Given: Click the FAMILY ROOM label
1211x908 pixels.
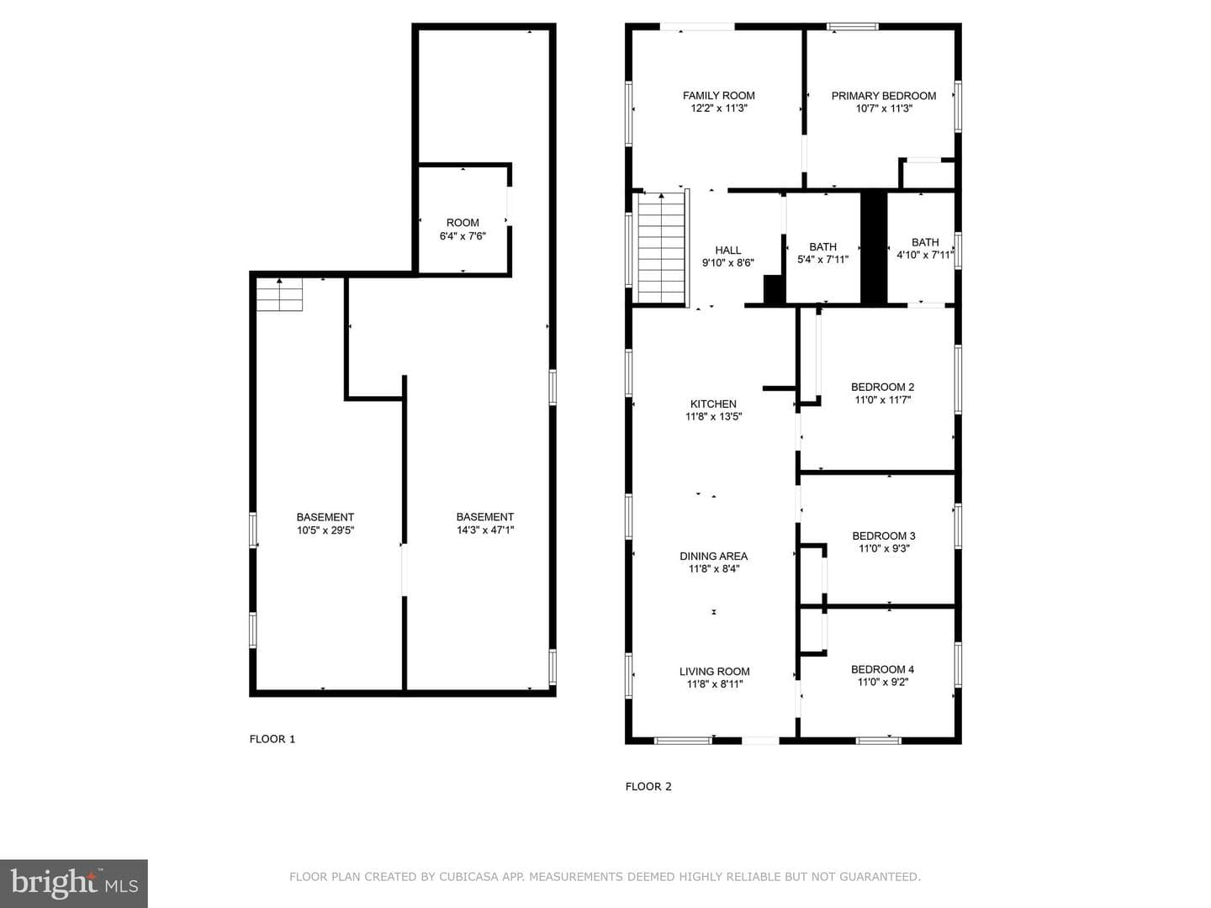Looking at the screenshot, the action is click(x=718, y=96).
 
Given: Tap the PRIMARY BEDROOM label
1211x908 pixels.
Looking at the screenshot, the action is click(x=883, y=96).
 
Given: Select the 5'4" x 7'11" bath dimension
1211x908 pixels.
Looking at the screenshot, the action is click(x=822, y=260).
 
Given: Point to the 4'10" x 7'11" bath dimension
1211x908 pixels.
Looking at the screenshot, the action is click(x=925, y=256).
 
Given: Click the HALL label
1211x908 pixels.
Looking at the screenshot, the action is click(x=727, y=251).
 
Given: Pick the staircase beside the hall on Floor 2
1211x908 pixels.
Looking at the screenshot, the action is click(x=661, y=247).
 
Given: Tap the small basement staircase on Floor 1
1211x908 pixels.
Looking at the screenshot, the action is click(x=280, y=294).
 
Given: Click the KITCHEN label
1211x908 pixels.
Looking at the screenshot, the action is click(x=713, y=404).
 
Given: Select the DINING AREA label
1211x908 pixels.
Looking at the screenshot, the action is click(x=713, y=557).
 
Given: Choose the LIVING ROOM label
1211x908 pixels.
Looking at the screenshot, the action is click(x=714, y=672).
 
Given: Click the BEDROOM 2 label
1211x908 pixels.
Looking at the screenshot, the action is click(x=882, y=388).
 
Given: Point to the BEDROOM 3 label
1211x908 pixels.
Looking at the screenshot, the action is click(x=883, y=536).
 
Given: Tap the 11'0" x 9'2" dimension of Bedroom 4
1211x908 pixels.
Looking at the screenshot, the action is click(x=883, y=682).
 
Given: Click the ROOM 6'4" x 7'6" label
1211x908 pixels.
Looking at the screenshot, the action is click(x=463, y=230).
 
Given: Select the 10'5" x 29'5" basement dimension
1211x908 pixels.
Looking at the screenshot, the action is click(x=325, y=531).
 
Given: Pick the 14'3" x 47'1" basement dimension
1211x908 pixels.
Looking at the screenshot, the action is click(x=485, y=530).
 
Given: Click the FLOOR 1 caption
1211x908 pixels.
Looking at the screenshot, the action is click(x=272, y=739).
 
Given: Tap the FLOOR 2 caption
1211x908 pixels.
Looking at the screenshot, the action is click(x=648, y=787).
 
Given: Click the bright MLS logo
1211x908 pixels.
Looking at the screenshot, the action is click(x=74, y=883).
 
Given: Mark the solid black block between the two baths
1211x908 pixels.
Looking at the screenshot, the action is click(x=874, y=248).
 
